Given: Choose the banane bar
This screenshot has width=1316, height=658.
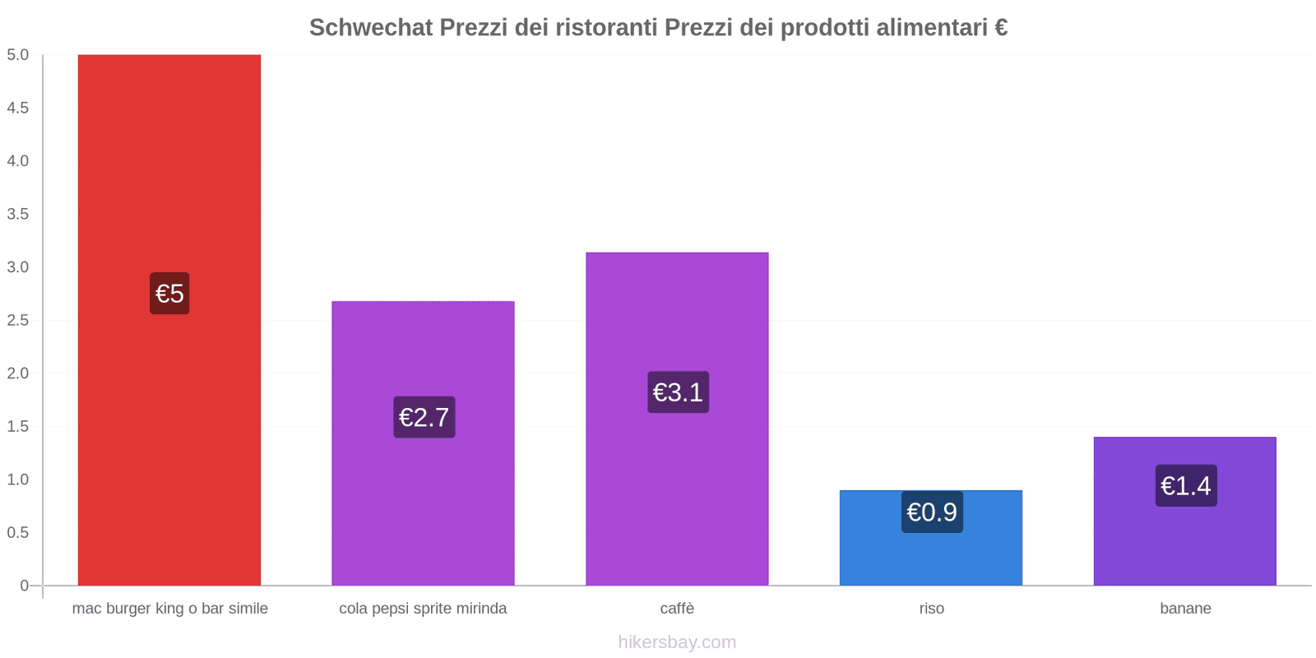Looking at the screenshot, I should click(x=1184, y=543).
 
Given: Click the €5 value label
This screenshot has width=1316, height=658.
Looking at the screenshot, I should click(x=169, y=293).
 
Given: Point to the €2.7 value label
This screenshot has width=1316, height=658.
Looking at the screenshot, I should click(x=424, y=417).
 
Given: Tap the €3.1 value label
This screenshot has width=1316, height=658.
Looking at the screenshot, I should click(x=678, y=392).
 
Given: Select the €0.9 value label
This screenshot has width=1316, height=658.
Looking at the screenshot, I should click(x=931, y=512).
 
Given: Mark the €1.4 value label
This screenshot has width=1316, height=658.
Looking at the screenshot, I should click(x=1185, y=485).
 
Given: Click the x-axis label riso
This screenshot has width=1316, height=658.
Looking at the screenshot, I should click(x=931, y=609).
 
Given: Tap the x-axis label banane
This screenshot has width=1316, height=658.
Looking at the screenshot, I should click(x=1185, y=609).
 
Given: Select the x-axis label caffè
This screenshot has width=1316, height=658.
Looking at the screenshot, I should click(x=677, y=609).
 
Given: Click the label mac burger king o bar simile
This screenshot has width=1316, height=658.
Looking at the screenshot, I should click(x=169, y=609).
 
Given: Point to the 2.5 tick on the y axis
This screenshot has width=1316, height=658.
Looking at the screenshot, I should click(x=17, y=320).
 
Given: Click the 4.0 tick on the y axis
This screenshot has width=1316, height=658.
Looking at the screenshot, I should click(x=17, y=161).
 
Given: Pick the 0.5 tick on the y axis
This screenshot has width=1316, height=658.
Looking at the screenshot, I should click(x=17, y=532).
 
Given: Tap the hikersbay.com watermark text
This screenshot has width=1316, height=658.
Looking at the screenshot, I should click(x=677, y=642).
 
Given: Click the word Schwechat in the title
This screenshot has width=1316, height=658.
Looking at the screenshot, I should click(x=370, y=28).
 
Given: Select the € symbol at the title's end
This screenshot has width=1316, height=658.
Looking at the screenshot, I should click(x=1000, y=28).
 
